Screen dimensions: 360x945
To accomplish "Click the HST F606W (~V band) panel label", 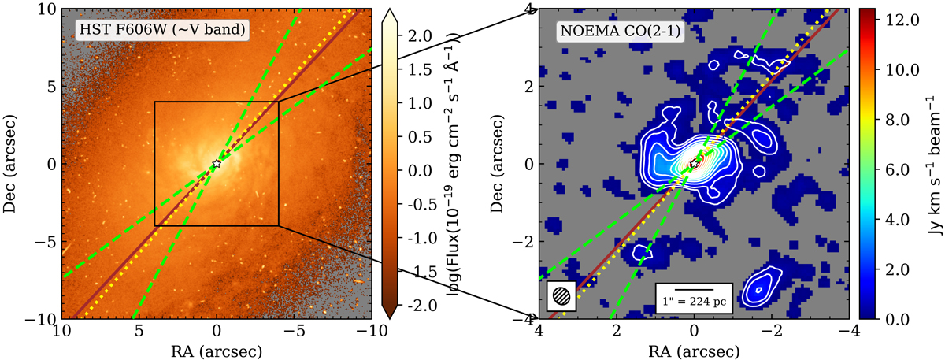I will [x=161, y=31].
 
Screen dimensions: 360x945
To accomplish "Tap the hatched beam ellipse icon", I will [x=561, y=296].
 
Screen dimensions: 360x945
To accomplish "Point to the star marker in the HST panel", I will [x=217, y=164].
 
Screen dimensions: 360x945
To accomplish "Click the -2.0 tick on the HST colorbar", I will [x=414, y=305].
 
